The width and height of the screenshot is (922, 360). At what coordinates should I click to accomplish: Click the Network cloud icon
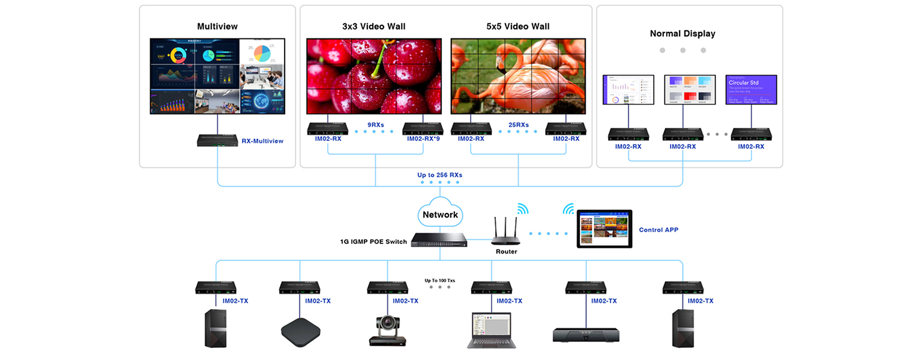(x=440, y=212)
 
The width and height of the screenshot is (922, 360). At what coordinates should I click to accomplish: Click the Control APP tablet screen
(x=604, y=229)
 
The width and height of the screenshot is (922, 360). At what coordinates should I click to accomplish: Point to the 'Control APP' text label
(x=658, y=230)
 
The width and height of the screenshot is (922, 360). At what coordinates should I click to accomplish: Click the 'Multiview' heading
(x=217, y=26)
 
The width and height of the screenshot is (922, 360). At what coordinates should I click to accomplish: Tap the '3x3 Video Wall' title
(x=373, y=26)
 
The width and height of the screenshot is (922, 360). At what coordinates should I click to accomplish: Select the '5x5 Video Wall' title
(x=517, y=26)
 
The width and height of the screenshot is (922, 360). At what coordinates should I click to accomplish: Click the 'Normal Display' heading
(x=682, y=34)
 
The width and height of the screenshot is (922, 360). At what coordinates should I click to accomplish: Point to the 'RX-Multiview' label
(x=262, y=141)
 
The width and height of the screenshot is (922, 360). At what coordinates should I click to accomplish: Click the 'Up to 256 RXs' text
(x=440, y=175)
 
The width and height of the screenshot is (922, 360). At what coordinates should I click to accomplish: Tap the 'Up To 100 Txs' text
(x=440, y=280)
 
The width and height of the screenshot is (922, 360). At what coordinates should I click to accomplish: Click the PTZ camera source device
(x=387, y=331)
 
